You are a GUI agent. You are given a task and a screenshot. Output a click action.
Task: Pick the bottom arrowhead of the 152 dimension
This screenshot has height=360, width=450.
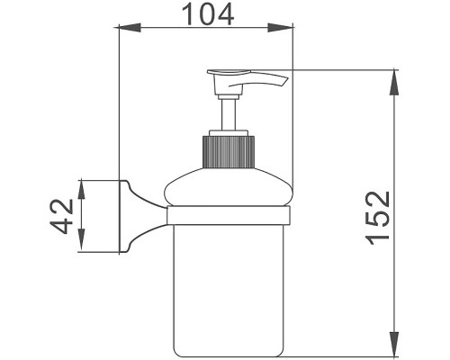click(x=394, y=348)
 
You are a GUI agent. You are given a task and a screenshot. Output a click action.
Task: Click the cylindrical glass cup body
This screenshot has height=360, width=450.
click(x=229, y=288)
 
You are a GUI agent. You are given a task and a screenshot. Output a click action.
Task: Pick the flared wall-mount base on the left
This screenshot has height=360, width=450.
click(x=124, y=216)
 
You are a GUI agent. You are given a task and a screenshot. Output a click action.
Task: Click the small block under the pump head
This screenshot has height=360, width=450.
click(x=223, y=86)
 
